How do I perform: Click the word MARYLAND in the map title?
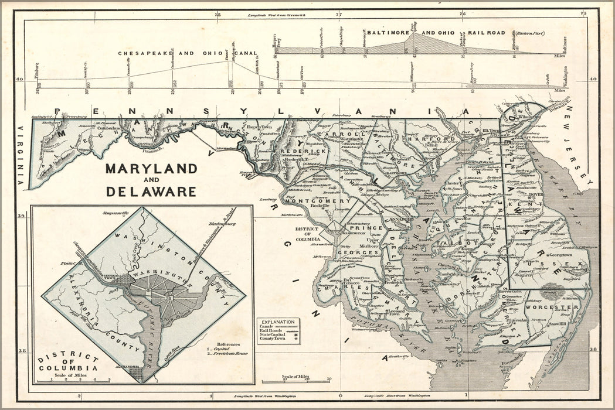tap(151, 169)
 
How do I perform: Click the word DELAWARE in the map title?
tap(151, 191)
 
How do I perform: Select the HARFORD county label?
tap(427, 139)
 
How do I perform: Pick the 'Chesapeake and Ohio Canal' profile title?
tap(188, 53)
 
